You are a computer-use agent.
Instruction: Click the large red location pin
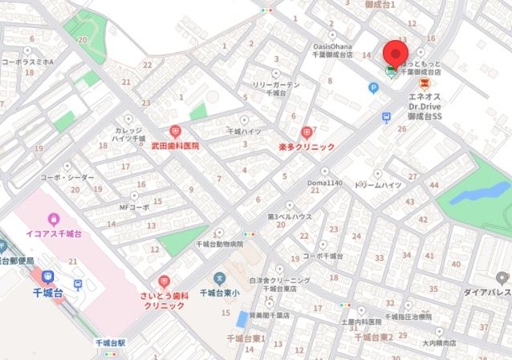pyautogui.click(x=393, y=53)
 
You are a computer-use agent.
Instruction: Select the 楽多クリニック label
pyautogui.click(x=306, y=148)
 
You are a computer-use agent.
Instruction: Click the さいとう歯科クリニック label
pyautogui.click(x=164, y=301)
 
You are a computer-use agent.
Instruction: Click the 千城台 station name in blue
pyautogui.click(x=47, y=293)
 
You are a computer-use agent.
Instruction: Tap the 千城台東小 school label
pyautogui.click(x=217, y=293)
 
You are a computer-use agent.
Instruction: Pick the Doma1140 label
pyautogui.click(x=325, y=184)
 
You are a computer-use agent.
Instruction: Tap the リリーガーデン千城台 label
pyautogui.click(x=276, y=89)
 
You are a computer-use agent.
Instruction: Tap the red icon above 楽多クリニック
pyautogui.click(x=306, y=132)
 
